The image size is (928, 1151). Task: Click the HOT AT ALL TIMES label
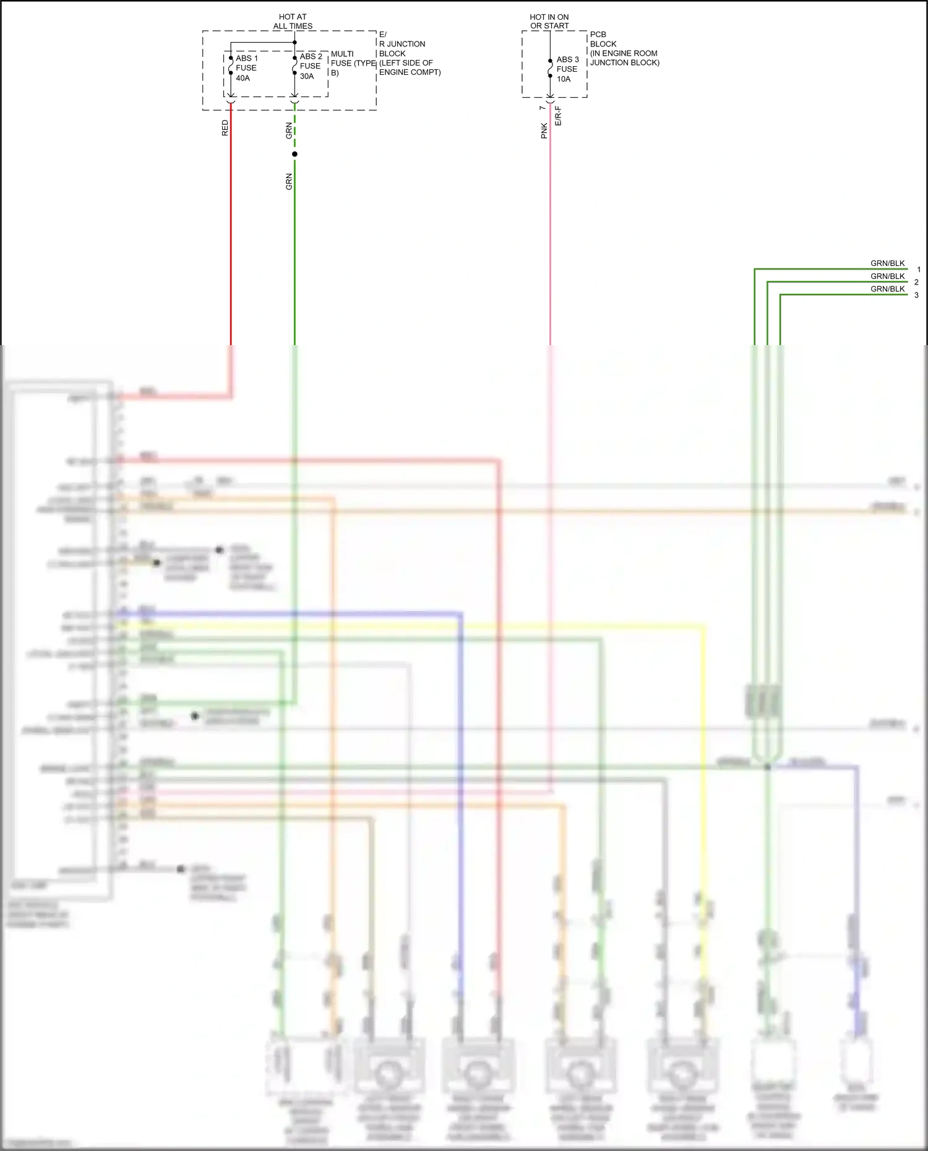(x=293, y=22)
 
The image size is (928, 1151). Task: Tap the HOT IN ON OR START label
(x=549, y=22)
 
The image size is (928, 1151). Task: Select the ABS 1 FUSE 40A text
(x=246, y=68)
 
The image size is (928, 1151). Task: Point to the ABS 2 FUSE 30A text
(x=311, y=66)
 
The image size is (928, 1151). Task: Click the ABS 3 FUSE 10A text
(x=567, y=69)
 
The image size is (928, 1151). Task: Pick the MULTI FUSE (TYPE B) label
(x=353, y=63)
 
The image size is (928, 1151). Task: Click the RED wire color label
(x=225, y=128)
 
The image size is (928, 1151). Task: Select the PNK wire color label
(x=544, y=131)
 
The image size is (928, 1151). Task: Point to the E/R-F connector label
(x=558, y=116)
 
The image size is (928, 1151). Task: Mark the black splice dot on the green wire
(x=294, y=154)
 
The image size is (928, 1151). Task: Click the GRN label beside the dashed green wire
(x=289, y=131)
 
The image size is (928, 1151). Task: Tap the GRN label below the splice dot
(x=289, y=182)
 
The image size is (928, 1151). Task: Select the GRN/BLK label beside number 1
(x=887, y=263)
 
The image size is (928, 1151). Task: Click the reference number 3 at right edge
(x=916, y=295)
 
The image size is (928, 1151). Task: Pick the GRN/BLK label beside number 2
(x=887, y=276)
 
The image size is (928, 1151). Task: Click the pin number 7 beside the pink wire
(x=543, y=108)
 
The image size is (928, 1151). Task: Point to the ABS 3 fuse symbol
(x=550, y=68)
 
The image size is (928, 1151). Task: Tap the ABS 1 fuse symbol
(x=231, y=66)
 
